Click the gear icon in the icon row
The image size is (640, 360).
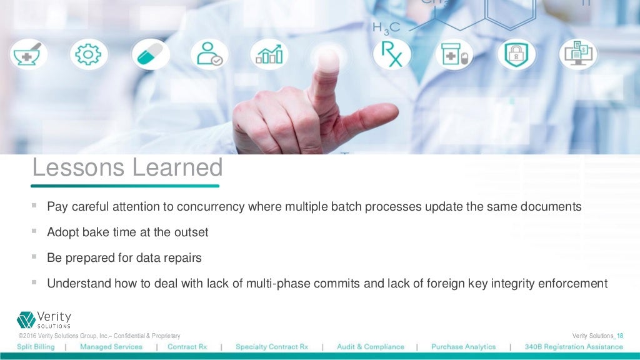click(x=89, y=54)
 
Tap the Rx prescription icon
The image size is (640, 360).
click(x=392, y=54)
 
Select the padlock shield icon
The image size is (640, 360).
click(x=516, y=54)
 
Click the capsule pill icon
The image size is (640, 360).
click(x=150, y=54)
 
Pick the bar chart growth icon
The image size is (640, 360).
click(x=269, y=54)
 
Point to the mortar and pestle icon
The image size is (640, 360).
click(x=28, y=54)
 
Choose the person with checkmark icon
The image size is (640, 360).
click(x=209, y=54)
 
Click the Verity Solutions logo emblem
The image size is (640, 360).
click(x=26, y=319)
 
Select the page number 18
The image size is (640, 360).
click(x=619, y=336)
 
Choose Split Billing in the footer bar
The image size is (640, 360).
click(x=36, y=347)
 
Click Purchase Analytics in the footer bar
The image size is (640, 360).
click(x=463, y=347)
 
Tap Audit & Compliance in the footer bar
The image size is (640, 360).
click(x=370, y=347)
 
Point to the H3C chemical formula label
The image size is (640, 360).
click(x=386, y=28)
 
